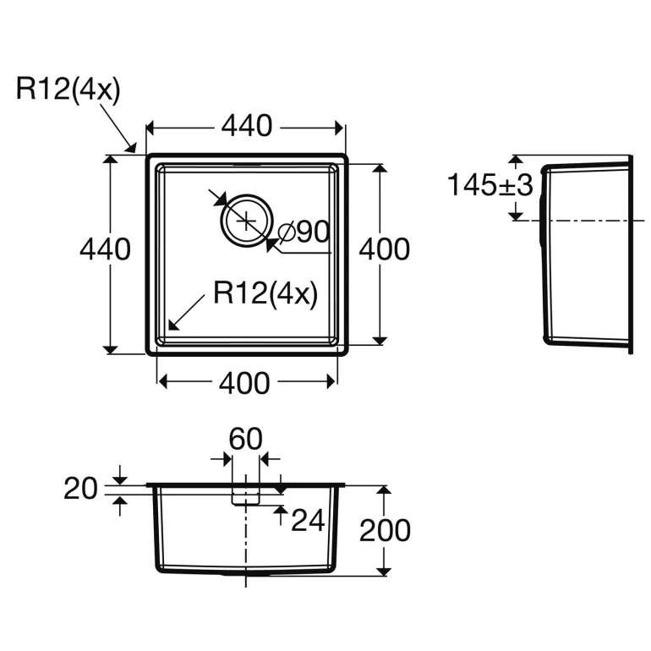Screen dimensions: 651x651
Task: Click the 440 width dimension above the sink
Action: click(x=246, y=127)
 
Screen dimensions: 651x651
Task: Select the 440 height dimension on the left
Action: click(x=105, y=249)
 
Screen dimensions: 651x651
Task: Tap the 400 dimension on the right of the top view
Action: click(x=385, y=249)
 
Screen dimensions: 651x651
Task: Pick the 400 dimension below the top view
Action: click(x=245, y=383)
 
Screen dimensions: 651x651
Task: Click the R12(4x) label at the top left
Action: click(x=68, y=90)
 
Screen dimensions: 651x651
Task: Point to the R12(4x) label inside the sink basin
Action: click(x=265, y=293)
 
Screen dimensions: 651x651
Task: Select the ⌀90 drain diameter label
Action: click(x=302, y=232)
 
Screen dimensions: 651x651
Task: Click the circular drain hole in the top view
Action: click(x=246, y=221)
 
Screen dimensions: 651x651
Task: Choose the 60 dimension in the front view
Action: click(x=246, y=439)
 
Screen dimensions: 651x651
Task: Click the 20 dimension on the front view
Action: click(x=81, y=488)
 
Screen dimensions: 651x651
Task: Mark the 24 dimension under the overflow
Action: click(x=308, y=521)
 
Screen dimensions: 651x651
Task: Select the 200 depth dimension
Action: click(x=385, y=530)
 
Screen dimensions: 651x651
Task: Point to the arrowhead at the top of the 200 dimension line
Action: click(x=385, y=490)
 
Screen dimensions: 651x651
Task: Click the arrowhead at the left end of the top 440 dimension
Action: click(x=151, y=128)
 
